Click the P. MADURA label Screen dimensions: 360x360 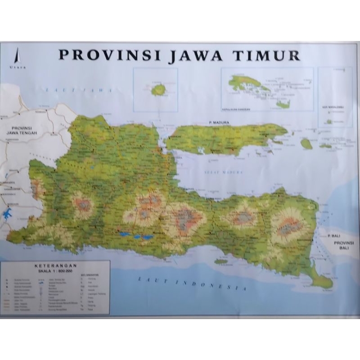(x=219, y=122)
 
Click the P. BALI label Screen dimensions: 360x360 (x=335, y=236)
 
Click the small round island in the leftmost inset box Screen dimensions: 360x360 (x=157, y=89)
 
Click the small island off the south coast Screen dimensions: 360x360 (x=220, y=261)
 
